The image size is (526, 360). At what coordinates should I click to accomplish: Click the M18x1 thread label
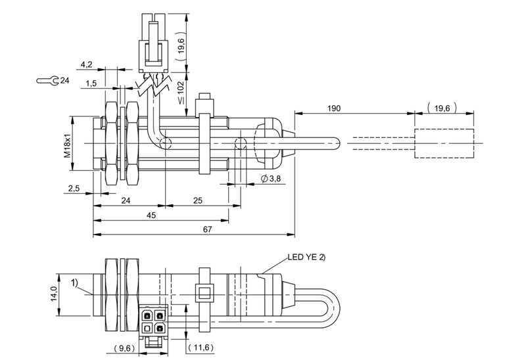pos(68,143)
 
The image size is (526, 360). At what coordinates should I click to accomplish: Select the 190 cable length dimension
pos(334,108)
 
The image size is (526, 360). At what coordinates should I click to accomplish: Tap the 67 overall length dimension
pos(208,229)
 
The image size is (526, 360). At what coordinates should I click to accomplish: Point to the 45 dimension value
pos(151,215)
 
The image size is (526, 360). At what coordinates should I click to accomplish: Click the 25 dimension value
pos(198,200)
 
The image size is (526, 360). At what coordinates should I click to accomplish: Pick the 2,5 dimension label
pos(74,189)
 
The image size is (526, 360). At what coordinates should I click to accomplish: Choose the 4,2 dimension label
pos(86,64)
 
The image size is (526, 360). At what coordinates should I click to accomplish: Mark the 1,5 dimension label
pos(91,83)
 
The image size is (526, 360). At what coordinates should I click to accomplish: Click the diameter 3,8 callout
pos(271,179)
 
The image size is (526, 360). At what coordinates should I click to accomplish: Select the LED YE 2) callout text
pos(306,257)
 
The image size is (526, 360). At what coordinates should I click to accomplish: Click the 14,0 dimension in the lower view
pos(54,294)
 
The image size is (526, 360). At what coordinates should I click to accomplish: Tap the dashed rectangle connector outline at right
pos(444,129)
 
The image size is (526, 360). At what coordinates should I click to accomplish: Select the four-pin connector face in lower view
pos(153,321)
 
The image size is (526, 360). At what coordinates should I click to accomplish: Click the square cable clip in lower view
pos(204,293)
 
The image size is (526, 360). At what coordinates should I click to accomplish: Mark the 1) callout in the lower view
pos(74,283)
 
